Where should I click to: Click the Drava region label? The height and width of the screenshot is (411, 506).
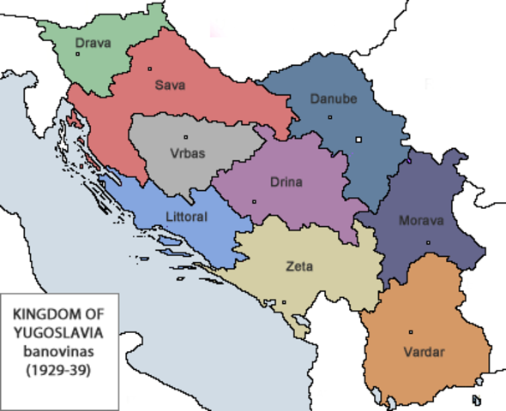point(93,43)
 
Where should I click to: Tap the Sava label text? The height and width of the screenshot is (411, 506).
point(170,85)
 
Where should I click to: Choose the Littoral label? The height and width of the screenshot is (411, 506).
point(184,217)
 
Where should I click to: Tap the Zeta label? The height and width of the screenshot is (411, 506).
point(299,266)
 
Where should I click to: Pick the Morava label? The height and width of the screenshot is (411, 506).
point(421,220)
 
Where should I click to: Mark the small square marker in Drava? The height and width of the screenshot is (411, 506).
point(77,54)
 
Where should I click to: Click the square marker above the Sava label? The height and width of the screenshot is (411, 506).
point(149,68)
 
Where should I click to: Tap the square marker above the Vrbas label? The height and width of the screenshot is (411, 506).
point(185,138)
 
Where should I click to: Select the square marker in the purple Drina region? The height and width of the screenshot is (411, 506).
point(254,202)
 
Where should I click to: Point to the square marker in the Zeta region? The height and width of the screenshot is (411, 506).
point(284,301)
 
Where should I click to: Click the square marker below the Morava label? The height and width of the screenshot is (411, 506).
point(428,243)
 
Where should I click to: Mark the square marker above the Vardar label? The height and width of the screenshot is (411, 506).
point(411,332)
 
